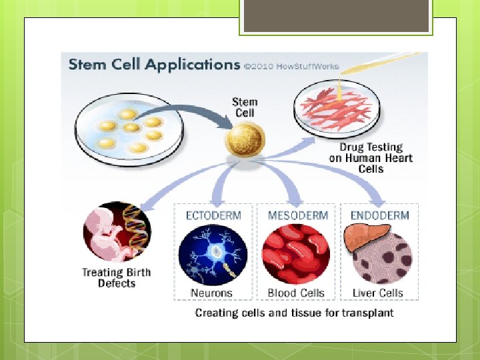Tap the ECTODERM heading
click(213, 215)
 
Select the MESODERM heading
click(297, 215)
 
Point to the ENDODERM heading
click(379, 215)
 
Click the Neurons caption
click(211, 293)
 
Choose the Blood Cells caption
click(295, 293)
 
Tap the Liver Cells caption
click(378, 293)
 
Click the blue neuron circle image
click(213, 255)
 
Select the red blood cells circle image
click(295, 255)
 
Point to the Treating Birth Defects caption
click(117, 277)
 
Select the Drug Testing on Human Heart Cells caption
click(371, 158)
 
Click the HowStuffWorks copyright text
click(291, 66)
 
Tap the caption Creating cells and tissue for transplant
click(294, 313)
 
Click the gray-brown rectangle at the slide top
click(335, 16)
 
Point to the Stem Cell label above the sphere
click(244, 107)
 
